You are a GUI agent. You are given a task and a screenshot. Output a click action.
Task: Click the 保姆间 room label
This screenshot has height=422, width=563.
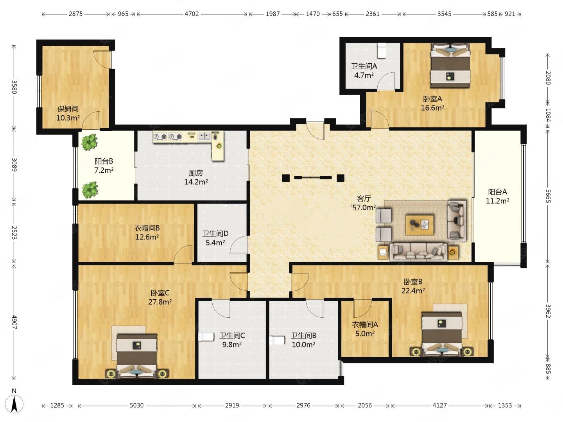point(68,109)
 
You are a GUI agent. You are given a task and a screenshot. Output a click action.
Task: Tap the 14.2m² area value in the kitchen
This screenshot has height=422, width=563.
point(196,182)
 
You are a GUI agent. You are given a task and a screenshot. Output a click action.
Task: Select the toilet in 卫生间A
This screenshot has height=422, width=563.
point(382,50)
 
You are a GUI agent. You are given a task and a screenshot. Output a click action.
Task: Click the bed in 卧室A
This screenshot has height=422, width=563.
point(450,66)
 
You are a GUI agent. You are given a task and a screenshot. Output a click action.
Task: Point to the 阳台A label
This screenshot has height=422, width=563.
point(497,192)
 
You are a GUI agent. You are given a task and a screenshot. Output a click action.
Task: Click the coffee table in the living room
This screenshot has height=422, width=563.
point(420,225)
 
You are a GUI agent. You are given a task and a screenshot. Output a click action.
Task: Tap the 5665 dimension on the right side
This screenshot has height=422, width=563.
point(548,196)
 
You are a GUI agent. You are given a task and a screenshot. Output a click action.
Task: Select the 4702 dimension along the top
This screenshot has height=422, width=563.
point(192,14)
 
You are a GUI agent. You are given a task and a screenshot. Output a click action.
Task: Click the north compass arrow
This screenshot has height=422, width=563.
point(14,404)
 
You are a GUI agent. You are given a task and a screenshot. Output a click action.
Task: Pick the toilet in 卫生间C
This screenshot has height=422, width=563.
point(206,337)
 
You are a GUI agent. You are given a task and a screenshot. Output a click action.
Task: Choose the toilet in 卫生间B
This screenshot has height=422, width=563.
point(277,340)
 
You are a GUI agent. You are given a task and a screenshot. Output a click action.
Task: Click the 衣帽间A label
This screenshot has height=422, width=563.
point(365,325)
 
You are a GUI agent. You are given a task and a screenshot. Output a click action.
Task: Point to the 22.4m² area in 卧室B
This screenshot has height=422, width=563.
point(413,291)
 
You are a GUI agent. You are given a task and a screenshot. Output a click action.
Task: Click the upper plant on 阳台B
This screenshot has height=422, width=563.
point(89,142)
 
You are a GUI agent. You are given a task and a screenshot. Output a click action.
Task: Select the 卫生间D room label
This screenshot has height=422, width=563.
point(215,234)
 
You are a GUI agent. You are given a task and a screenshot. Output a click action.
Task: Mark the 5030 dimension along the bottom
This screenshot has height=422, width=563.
point(136,405)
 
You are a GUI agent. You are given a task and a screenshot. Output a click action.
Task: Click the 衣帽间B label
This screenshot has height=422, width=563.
point(147,228)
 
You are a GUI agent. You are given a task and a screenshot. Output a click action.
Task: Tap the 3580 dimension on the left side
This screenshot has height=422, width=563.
point(14,87)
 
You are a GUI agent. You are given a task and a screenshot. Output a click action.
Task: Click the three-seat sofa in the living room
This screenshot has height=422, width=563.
point(418,252)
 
